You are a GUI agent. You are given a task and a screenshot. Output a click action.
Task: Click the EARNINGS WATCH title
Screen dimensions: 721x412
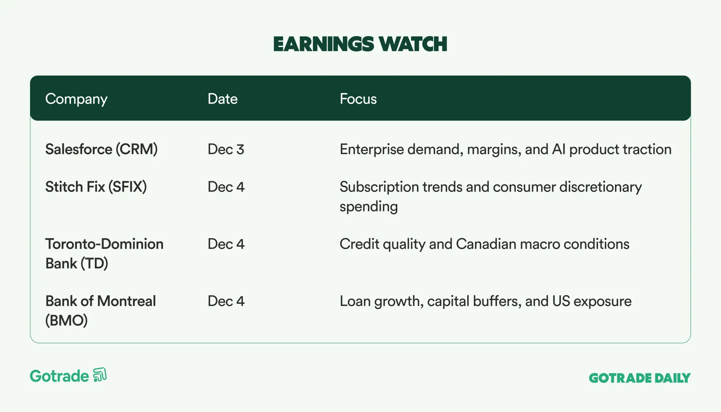point(360,44)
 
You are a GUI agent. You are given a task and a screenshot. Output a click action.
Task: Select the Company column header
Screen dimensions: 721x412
point(76,99)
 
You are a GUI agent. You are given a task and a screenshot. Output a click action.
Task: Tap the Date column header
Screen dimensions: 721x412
point(222,99)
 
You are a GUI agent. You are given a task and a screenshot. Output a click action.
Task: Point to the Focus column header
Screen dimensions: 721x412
point(358,99)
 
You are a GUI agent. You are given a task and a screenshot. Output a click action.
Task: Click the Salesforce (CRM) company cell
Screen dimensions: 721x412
point(101,149)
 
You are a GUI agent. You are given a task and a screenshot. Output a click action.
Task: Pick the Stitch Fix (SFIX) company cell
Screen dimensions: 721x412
point(96,187)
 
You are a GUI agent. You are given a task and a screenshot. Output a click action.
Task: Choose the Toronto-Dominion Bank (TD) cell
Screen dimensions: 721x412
point(104,254)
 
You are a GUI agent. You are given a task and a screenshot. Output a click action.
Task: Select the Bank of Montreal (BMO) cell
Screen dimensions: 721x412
point(101,311)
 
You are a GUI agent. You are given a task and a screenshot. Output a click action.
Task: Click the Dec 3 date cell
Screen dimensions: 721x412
point(226,149)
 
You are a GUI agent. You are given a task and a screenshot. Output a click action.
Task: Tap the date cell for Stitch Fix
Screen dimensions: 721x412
point(226,187)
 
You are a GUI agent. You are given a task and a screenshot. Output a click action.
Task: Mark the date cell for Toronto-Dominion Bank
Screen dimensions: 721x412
point(226,244)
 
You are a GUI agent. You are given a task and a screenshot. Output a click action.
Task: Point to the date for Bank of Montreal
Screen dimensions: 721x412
point(226,301)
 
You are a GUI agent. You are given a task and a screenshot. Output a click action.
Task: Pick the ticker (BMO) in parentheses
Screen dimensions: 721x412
point(66,320)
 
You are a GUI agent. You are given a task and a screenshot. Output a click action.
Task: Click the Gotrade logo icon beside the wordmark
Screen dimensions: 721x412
point(100,375)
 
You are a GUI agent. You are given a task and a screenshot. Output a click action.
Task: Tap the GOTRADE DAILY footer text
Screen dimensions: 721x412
point(640,378)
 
